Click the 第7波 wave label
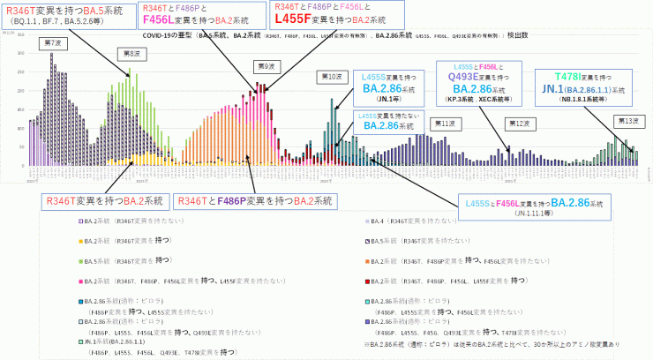[x=52, y=42]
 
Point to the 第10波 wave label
[x=329, y=78]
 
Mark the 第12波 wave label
[x=517, y=124]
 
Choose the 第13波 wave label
[x=627, y=120]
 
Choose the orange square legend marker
[x=368, y=261]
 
